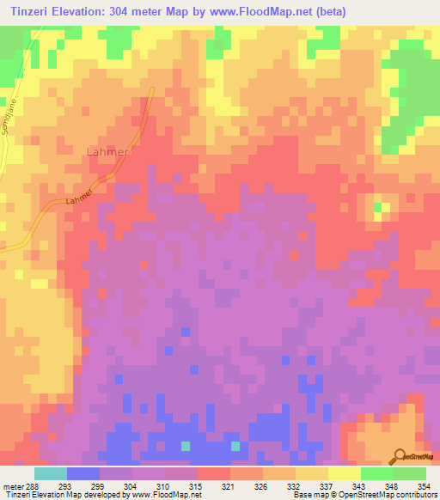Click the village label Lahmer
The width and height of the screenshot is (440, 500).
(108, 152)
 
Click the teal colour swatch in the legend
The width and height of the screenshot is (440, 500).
(51, 473)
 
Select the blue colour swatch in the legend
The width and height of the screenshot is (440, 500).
(83, 473)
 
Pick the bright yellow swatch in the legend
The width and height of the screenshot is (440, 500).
(344, 473)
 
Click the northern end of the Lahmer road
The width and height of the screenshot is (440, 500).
(151, 89)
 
